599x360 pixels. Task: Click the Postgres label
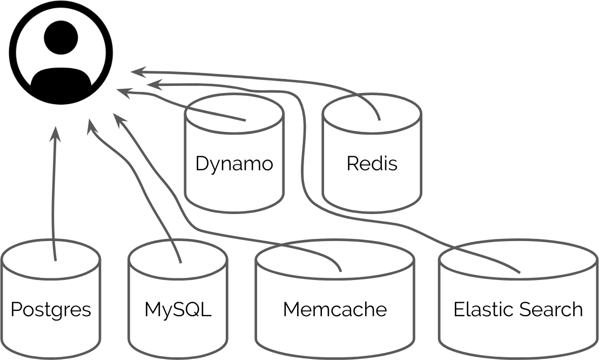coord(51,310)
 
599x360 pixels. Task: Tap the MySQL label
coord(178,310)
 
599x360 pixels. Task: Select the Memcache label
coord(335,310)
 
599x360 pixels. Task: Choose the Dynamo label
coord(234,163)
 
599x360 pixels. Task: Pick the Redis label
coord(372,163)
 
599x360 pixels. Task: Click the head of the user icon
coord(61,37)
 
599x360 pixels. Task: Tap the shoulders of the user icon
coord(61,82)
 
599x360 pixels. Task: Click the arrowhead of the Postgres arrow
coord(56,131)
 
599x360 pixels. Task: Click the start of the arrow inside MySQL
coord(180,263)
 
